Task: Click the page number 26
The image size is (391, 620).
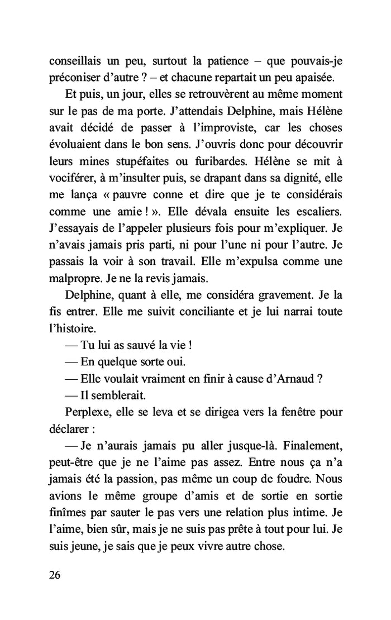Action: (55, 575)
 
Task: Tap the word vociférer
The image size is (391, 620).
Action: (73, 182)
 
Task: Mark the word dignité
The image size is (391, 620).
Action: (297, 182)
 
